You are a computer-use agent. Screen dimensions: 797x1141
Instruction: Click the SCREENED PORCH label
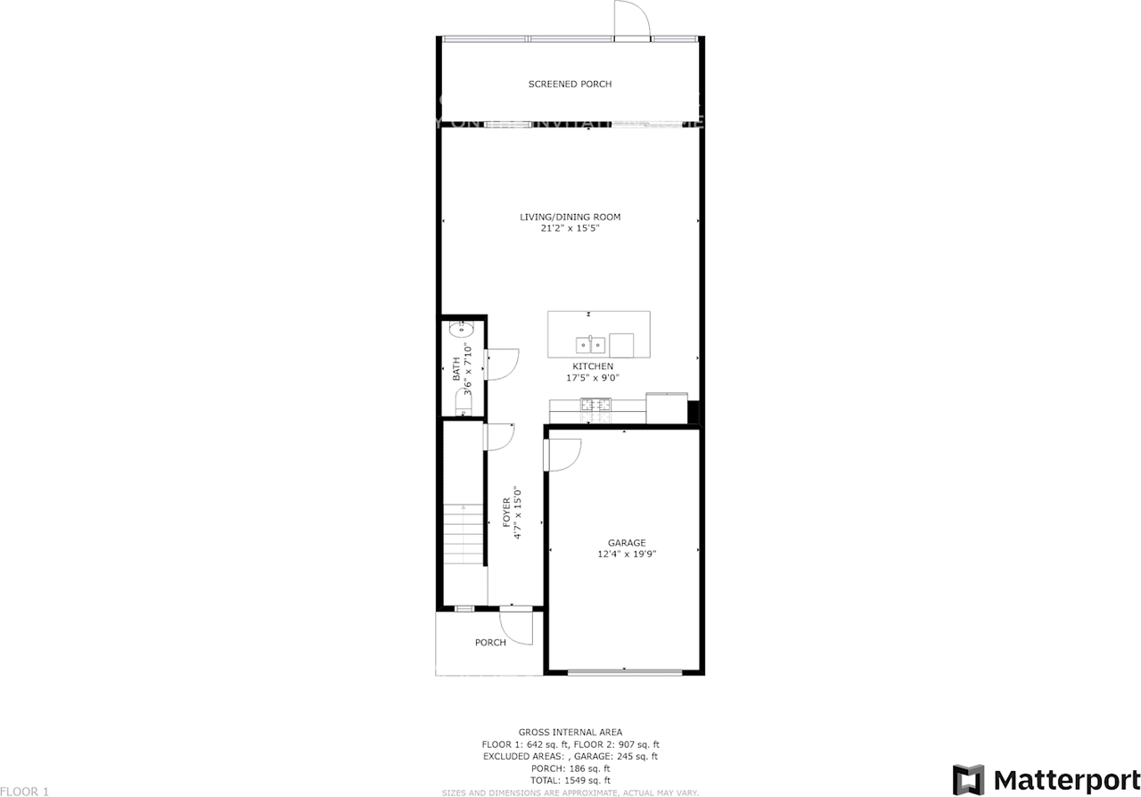[x=570, y=84]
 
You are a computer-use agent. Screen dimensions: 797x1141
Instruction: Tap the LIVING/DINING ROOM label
[x=570, y=217]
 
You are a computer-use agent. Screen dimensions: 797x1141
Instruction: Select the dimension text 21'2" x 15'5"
[x=570, y=228]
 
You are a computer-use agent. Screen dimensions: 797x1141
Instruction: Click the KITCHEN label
[x=593, y=366]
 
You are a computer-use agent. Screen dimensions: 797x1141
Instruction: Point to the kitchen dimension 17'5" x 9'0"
[x=593, y=378]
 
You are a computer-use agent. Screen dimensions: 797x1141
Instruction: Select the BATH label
[x=456, y=369]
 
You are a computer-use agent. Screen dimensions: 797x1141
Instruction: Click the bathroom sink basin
[x=461, y=329]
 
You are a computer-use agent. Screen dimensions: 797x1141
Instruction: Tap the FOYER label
[x=507, y=513]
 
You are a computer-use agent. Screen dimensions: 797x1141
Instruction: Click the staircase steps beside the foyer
[x=464, y=535]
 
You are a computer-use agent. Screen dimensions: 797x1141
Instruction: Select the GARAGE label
[x=627, y=543]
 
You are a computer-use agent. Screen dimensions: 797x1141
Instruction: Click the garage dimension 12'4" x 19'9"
[x=627, y=554]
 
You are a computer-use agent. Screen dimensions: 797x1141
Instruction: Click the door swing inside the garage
[x=562, y=455]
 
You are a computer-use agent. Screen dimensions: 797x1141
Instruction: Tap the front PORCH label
[x=490, y=642]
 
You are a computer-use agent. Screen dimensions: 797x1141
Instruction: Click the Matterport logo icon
[x=968, y=778]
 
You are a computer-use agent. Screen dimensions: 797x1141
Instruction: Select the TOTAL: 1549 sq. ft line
[x=570, y=780]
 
